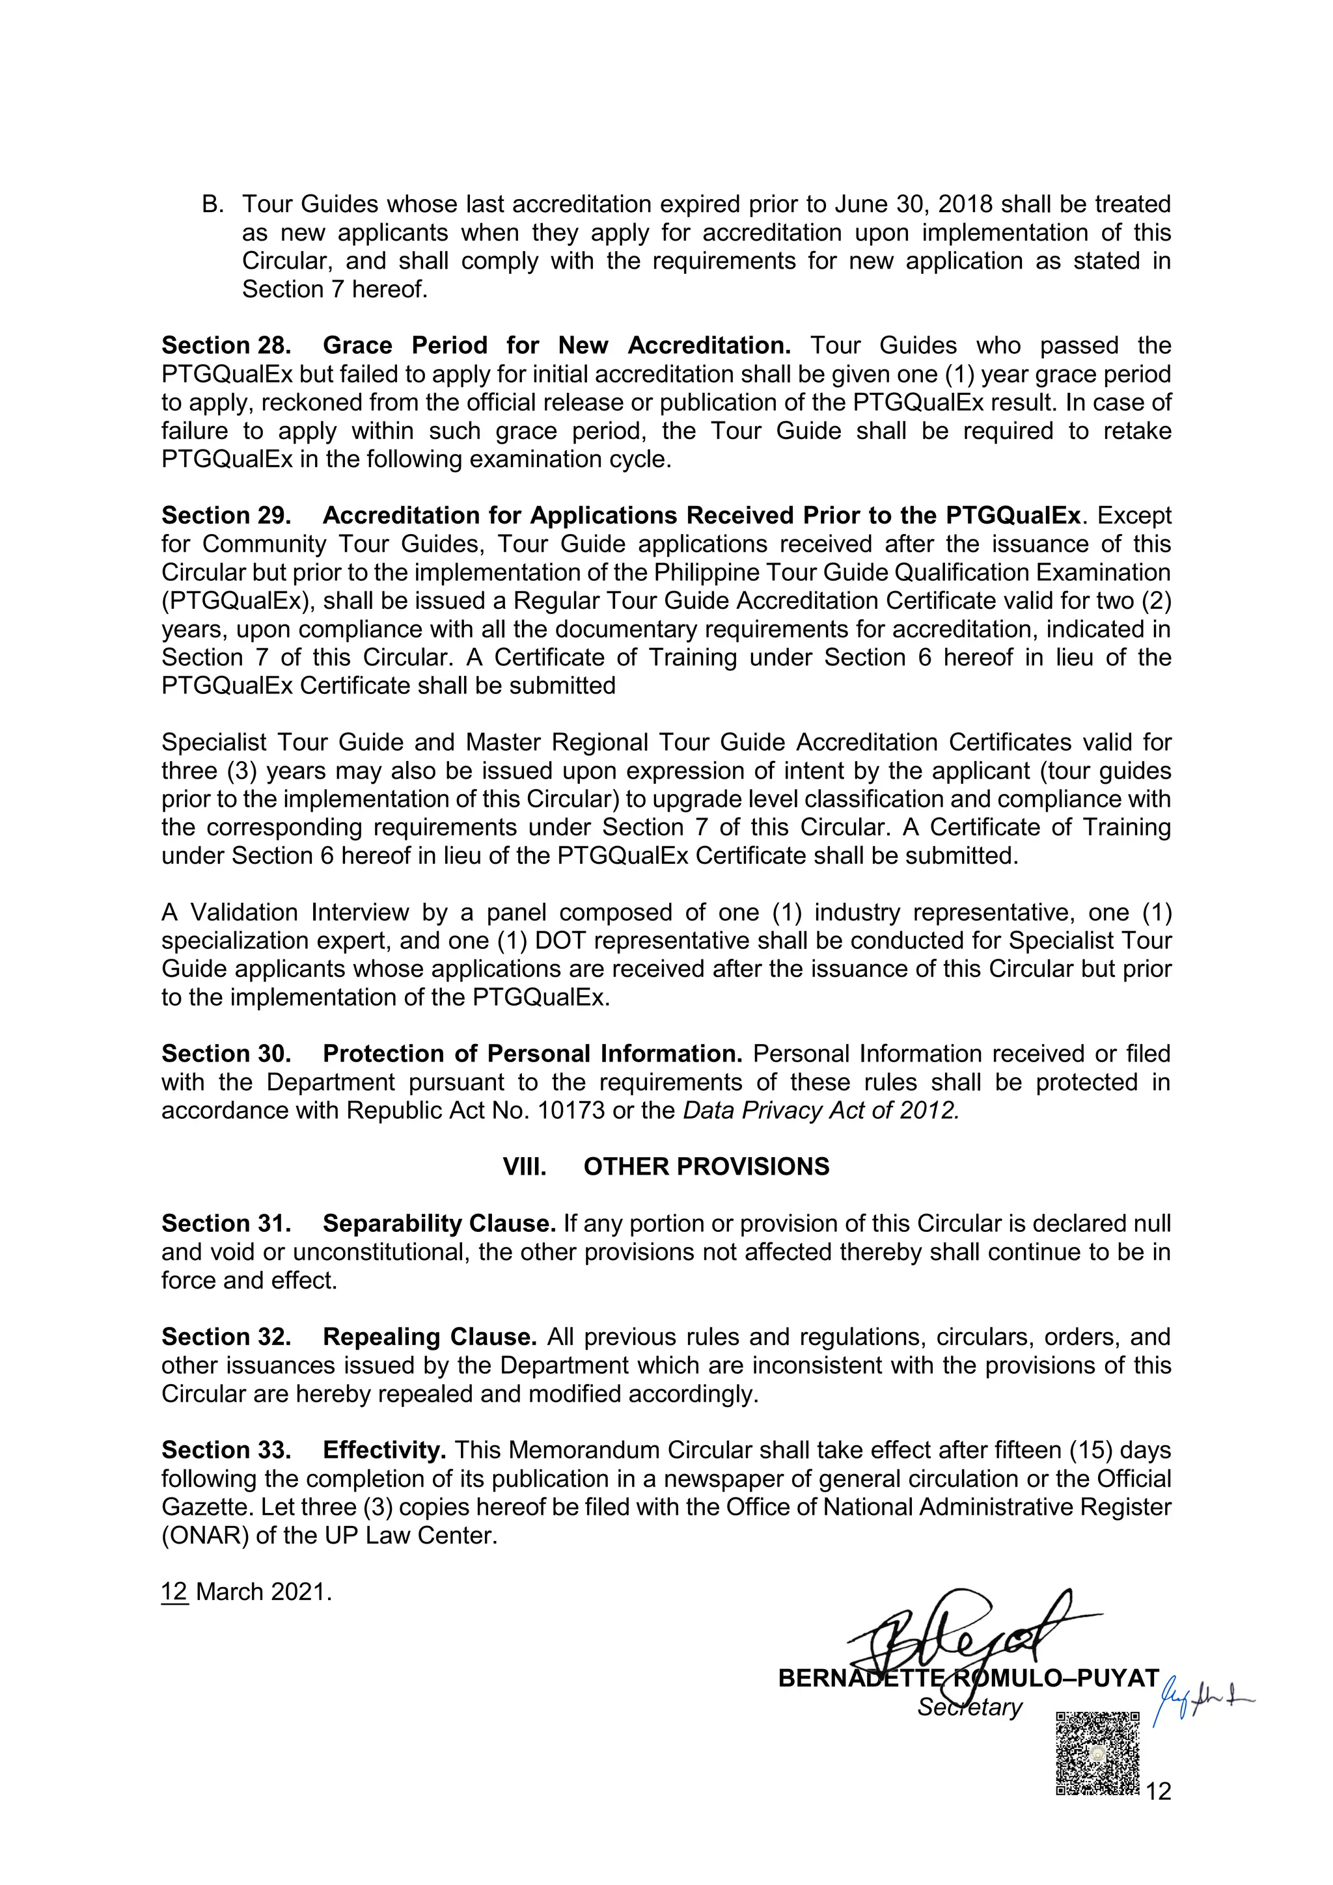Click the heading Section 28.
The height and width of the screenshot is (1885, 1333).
(x=226, y=345)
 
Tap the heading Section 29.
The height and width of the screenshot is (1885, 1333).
(x=226, y=516)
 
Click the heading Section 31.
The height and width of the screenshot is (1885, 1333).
(x=226, y=1223)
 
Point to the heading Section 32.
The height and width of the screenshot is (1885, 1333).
(x=226, y=1337)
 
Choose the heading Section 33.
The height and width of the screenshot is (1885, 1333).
(x=226, y=1450)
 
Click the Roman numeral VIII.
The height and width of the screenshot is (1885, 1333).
(x=525, y=1167)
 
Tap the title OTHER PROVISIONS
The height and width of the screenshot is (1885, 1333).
(x=706, y=1167)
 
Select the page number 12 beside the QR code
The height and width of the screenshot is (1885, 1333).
(x=1158, y=1791)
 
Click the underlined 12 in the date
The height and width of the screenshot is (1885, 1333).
(x=175, y=1592)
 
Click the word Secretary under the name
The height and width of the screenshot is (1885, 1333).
(x=970, y=1707)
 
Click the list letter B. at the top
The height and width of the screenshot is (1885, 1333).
(x=213, y=204)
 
